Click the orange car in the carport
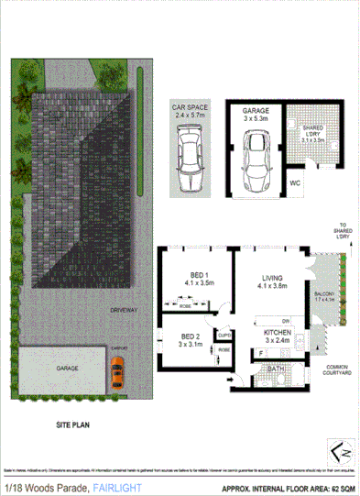pyautogui.click(x=116, y=371)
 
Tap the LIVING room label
pyautogui.click(x=273, y=279)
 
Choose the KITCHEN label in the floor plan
pyautogui.click(x=278, y=334)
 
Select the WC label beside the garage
pyautogui.click(x=294, y=182)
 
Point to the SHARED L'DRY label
pyautogui.click(x=313, y=134)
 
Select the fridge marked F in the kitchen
pyautogui.click(x=261, y=352)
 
